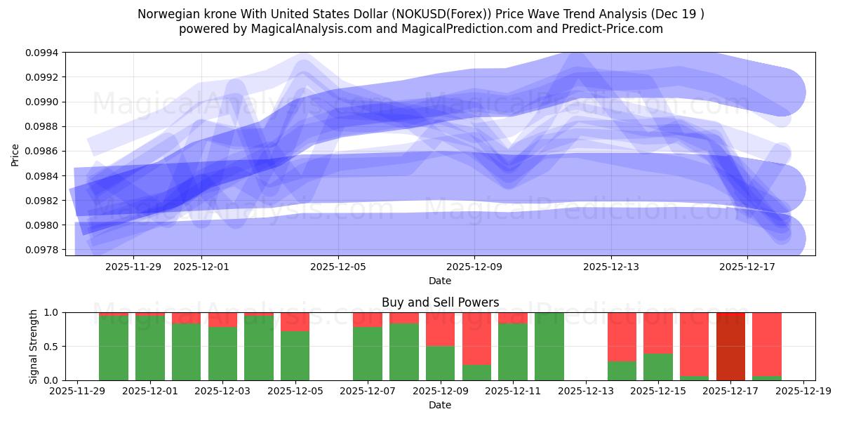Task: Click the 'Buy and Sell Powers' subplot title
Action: tap(440, 302)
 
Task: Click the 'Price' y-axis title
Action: tap(15, 154)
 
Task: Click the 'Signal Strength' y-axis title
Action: tap(33, 346)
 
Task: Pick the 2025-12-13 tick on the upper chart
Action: tap(610, 267)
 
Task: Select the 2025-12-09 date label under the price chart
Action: tap(474, 267)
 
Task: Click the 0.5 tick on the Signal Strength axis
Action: tap(53, 347)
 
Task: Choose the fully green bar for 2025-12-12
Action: tap(549, 346)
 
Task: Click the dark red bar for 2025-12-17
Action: tap(730, 346)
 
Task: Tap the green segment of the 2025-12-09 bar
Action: tap(440, 363)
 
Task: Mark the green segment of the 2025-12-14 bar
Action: tap(622, 370)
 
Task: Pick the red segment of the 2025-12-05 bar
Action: tap(295, 321)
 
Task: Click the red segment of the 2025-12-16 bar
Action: tap(694, 344)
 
